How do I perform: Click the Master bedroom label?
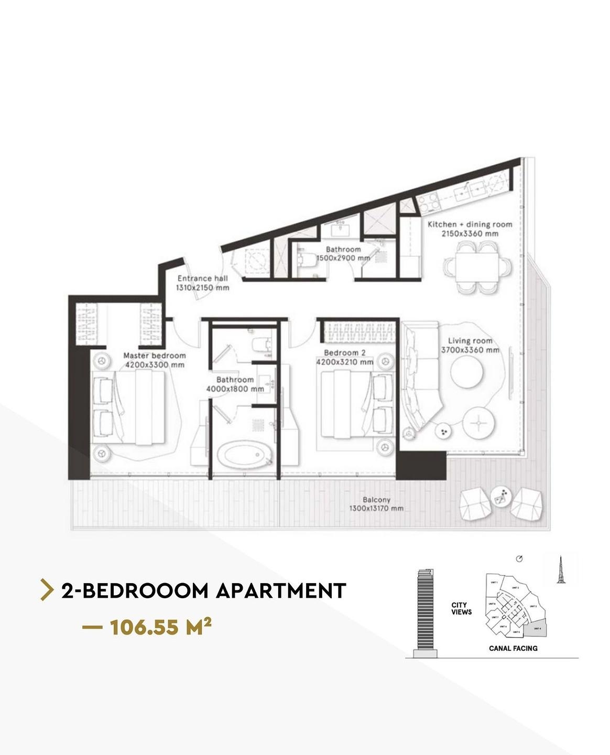click(x=154, y=355)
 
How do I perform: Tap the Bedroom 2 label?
click(x=341, y=353)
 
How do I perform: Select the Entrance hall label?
click(x=202, y=278)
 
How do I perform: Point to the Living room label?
click(x=470, y=341)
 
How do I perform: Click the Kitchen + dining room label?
click(x=470, y=224)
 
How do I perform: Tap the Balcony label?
click(x=376, y=500)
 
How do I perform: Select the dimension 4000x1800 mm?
click(x=235, y=389)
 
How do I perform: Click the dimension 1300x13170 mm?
click(x=376, y=509)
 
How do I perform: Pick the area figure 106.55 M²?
click(x=160, y=627)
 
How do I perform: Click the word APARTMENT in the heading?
click(x=281, y=591)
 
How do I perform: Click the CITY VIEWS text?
click(x=461, y=608)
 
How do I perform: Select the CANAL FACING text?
click(x=513, y=648)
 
